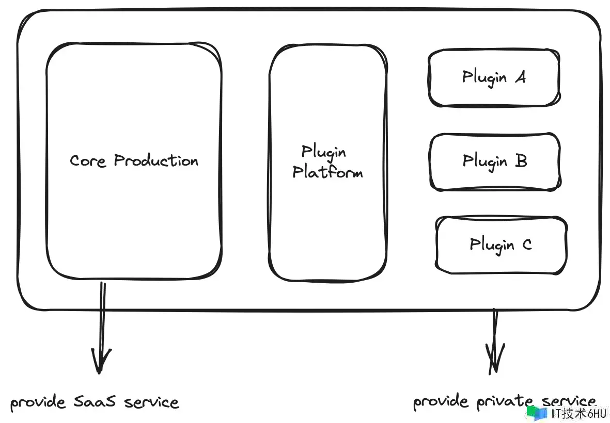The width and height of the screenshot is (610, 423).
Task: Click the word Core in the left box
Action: tap(87, 161)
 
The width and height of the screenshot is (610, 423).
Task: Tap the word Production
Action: tap(156, 160)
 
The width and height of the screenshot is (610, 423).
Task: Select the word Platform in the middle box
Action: tap(327, 172)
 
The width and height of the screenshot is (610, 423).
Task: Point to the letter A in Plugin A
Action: tap(521, 77)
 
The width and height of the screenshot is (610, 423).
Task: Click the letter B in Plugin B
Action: tap(521, 160)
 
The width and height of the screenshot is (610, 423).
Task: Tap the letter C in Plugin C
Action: tap(527, 245)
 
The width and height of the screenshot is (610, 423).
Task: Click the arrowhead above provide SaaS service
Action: tap(100, 361)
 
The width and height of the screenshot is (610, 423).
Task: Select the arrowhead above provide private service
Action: tap(494, 360)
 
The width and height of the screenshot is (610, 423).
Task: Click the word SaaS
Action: tap(95, 401)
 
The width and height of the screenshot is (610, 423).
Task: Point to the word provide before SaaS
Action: tap(38, 402)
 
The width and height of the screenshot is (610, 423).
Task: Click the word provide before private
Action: tap(441, 402)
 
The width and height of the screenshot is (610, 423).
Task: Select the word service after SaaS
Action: tap(152, 402)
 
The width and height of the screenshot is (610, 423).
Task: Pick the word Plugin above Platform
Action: tap(324, 152)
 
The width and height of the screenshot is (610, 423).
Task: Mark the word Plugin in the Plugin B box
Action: tap(484, 161)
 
